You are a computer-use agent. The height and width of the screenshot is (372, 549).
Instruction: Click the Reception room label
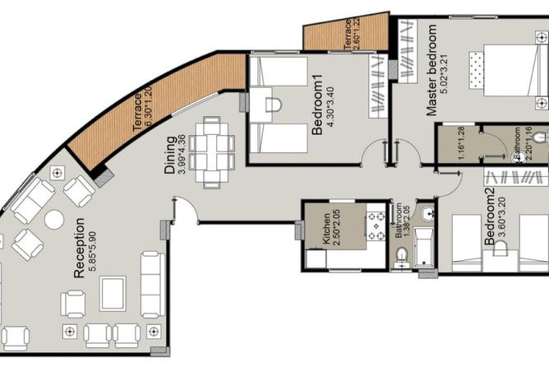pyautogui.click(x=79, y=249)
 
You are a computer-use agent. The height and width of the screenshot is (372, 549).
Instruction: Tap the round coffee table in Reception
pyautogui.click(x=54, y=220)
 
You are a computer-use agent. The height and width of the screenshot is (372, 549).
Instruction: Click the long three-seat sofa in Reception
pyautogui.click(x=153, y=285)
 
